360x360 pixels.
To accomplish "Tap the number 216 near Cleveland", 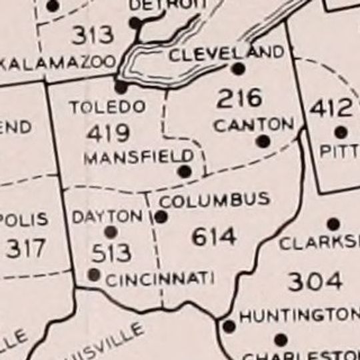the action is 239,99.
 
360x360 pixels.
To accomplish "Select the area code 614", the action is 213,236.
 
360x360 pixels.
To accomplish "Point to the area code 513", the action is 112,253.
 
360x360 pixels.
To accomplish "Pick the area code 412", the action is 331,107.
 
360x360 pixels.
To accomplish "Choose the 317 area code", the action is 26,248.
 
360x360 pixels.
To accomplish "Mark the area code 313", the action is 93,35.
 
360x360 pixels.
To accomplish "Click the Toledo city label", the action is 107,107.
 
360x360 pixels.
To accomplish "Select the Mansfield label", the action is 139,157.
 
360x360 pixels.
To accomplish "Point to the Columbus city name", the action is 215,199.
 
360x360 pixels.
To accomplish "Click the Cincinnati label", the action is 160,279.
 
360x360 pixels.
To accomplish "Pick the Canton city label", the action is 254,124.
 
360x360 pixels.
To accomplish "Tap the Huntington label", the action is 299,315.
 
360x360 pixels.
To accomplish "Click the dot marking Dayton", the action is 111,232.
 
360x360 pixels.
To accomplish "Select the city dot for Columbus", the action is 161,217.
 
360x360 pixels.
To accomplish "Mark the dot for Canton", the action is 263,141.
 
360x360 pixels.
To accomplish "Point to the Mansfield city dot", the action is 185,171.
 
